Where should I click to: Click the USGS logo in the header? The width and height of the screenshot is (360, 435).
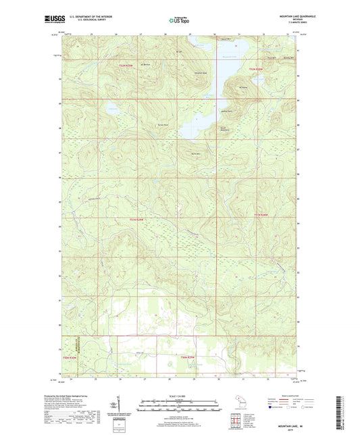pos(53,20)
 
